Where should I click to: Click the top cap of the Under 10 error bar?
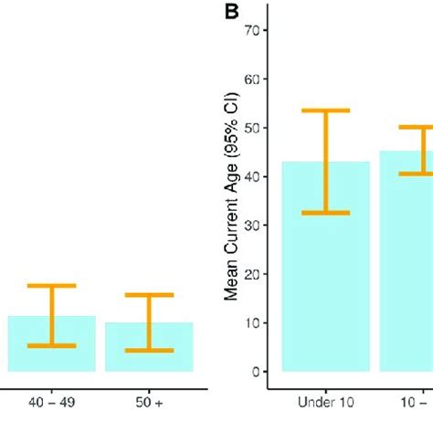[x=326, y=111]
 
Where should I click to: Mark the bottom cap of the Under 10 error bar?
[x=326, y=213]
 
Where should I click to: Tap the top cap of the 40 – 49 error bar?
[x=52, y=286]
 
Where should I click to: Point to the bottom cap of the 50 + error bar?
[x=149, y=351]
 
